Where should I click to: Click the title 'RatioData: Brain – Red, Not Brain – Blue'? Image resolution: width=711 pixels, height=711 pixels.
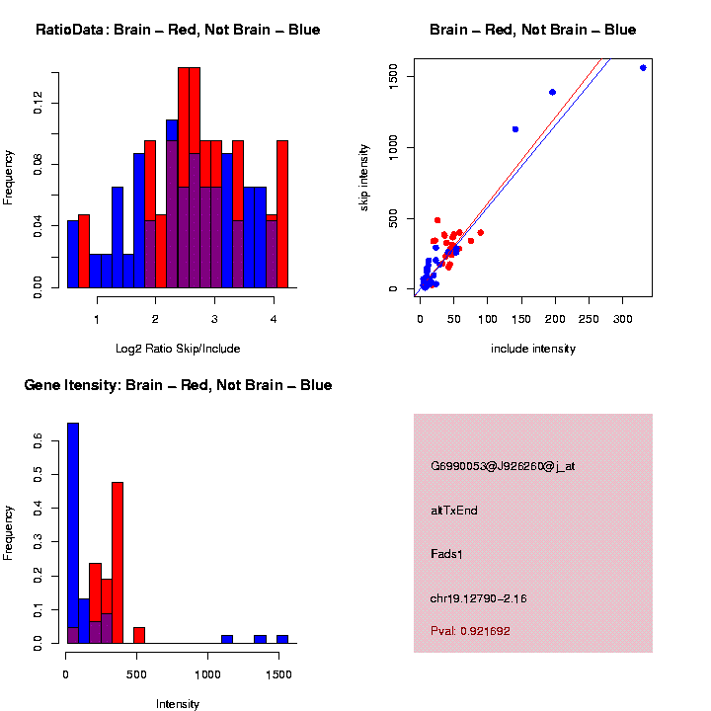[178, 30]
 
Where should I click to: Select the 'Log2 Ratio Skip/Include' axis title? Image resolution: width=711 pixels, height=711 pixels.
[177, 348]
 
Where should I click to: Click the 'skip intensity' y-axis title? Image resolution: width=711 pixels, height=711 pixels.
[364, 176]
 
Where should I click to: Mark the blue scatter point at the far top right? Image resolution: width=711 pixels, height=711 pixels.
[643, 68]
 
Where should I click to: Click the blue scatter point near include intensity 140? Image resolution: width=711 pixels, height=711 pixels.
[514, 129]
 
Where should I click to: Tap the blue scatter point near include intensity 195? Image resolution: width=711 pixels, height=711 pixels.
[552, 92]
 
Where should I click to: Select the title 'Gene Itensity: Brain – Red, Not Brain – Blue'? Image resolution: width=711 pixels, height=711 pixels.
[178, 384]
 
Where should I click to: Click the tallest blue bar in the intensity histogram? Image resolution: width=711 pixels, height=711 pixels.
[73, 533]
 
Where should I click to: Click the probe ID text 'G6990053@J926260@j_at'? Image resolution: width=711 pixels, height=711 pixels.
[503, 466]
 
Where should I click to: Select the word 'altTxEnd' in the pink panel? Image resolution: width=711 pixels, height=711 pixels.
[454, 511]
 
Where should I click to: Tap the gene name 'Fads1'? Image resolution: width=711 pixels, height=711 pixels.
[447, 554]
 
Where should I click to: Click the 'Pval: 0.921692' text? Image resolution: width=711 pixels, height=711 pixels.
[470, 630]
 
